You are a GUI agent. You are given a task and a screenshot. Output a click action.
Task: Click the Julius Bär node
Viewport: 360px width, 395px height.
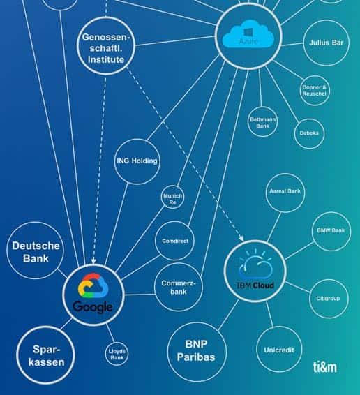[327, 43]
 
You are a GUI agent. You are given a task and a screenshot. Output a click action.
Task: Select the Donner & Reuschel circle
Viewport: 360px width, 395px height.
[315, 91]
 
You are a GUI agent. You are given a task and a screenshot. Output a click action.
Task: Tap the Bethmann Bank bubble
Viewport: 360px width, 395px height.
[262, 121]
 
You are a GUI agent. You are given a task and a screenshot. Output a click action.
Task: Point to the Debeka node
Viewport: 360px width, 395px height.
[309, 133]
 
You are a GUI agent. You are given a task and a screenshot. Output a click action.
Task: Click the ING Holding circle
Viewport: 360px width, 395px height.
[137, 161]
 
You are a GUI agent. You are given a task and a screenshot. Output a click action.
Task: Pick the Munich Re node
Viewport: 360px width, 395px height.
[172, 197]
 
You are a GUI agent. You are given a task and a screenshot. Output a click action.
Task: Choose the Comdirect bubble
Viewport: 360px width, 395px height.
[175, 241]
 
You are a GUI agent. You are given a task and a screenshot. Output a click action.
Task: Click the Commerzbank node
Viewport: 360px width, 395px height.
[179, 287]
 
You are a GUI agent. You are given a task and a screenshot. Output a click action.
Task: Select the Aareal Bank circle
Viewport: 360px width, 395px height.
[285, 193]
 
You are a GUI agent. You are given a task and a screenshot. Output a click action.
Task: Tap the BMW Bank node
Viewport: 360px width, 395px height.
[331, 231]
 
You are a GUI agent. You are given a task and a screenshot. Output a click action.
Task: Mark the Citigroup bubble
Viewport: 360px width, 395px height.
[329, 299]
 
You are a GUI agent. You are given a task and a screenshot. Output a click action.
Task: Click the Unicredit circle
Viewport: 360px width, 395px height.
[279, 349]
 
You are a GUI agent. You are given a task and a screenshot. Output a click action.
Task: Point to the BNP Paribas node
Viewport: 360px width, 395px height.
[197, 352]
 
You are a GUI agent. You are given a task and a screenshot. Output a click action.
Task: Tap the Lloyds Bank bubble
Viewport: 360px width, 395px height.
[117, 354]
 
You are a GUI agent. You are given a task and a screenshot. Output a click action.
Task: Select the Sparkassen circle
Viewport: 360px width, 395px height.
[46, 355]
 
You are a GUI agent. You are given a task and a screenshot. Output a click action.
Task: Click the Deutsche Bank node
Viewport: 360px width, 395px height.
[36, 251]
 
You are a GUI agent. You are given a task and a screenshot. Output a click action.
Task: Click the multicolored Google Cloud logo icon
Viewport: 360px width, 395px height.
[93, 285]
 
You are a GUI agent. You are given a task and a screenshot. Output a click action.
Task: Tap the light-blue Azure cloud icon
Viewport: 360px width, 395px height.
[248, 34]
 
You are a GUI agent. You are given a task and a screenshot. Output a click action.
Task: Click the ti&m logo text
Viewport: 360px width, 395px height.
[324, 367]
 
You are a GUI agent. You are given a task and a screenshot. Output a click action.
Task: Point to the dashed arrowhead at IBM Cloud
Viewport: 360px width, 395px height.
[242, 238]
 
